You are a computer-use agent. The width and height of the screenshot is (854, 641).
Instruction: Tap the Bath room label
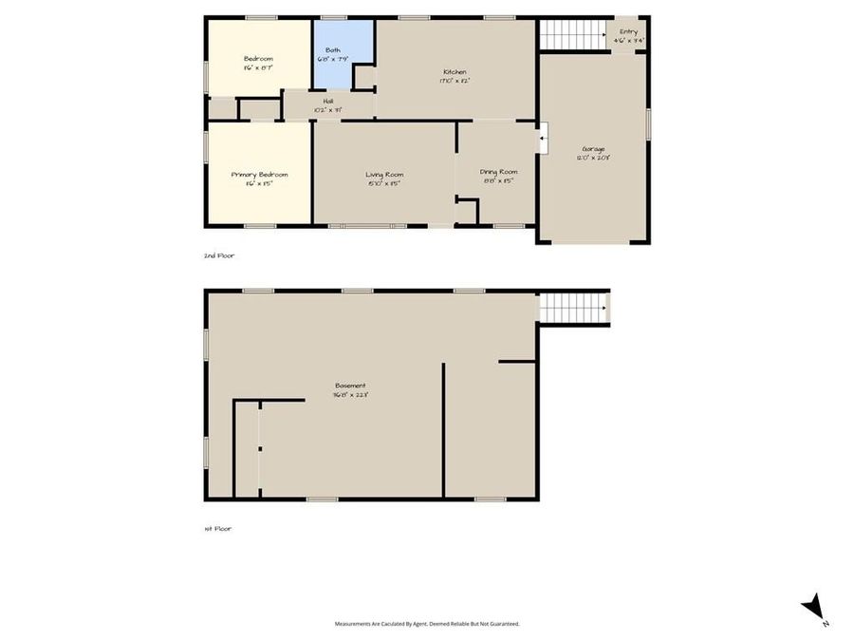[x=333, y=50]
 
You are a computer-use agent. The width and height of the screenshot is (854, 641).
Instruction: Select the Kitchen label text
[x=455, y=72]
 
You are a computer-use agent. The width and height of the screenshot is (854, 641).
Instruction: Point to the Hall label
[x=328, y=101]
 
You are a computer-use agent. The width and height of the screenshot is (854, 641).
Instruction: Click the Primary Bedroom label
[x=259, y=175]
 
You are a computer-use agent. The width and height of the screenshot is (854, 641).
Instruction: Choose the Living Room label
[x=384, y=175]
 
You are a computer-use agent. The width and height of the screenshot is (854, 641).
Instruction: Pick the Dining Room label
[x=498, y=172]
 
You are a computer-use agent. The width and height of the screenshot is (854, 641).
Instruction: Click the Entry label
[x=628, y=32]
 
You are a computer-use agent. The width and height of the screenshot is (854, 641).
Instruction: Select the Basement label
[x=349, y=386]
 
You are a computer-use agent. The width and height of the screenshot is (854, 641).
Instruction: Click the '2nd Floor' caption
[x=218, y=255]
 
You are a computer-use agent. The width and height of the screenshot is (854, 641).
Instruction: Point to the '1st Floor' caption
[x=217, y=528]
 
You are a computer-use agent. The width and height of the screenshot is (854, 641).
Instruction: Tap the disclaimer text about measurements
[x=427, y=624]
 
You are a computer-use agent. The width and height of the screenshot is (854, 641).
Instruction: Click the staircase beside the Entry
[x=573, y=35]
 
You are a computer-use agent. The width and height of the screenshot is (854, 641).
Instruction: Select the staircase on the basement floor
[x=573, y=309]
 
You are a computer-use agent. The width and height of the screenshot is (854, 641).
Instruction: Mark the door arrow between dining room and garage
[x=542, y=141]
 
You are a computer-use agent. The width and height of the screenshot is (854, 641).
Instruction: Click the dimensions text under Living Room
[x=384, y=183]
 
